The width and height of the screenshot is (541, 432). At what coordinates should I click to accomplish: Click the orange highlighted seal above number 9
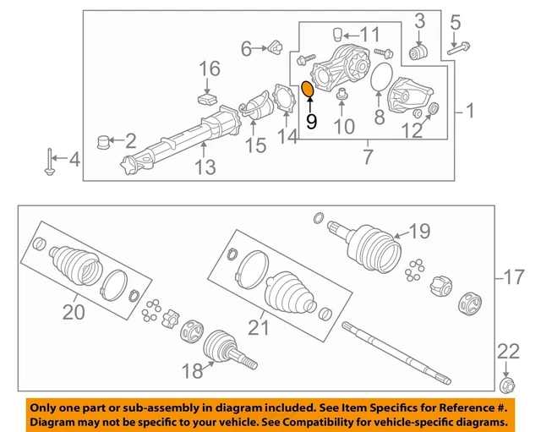309,89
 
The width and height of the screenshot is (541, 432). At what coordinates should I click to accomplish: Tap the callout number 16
209,68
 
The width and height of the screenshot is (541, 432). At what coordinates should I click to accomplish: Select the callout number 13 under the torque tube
206,167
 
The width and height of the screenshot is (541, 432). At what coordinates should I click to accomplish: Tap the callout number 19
420,229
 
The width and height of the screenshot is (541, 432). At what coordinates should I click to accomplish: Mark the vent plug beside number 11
336,34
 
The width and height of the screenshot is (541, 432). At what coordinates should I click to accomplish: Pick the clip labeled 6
271,49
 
